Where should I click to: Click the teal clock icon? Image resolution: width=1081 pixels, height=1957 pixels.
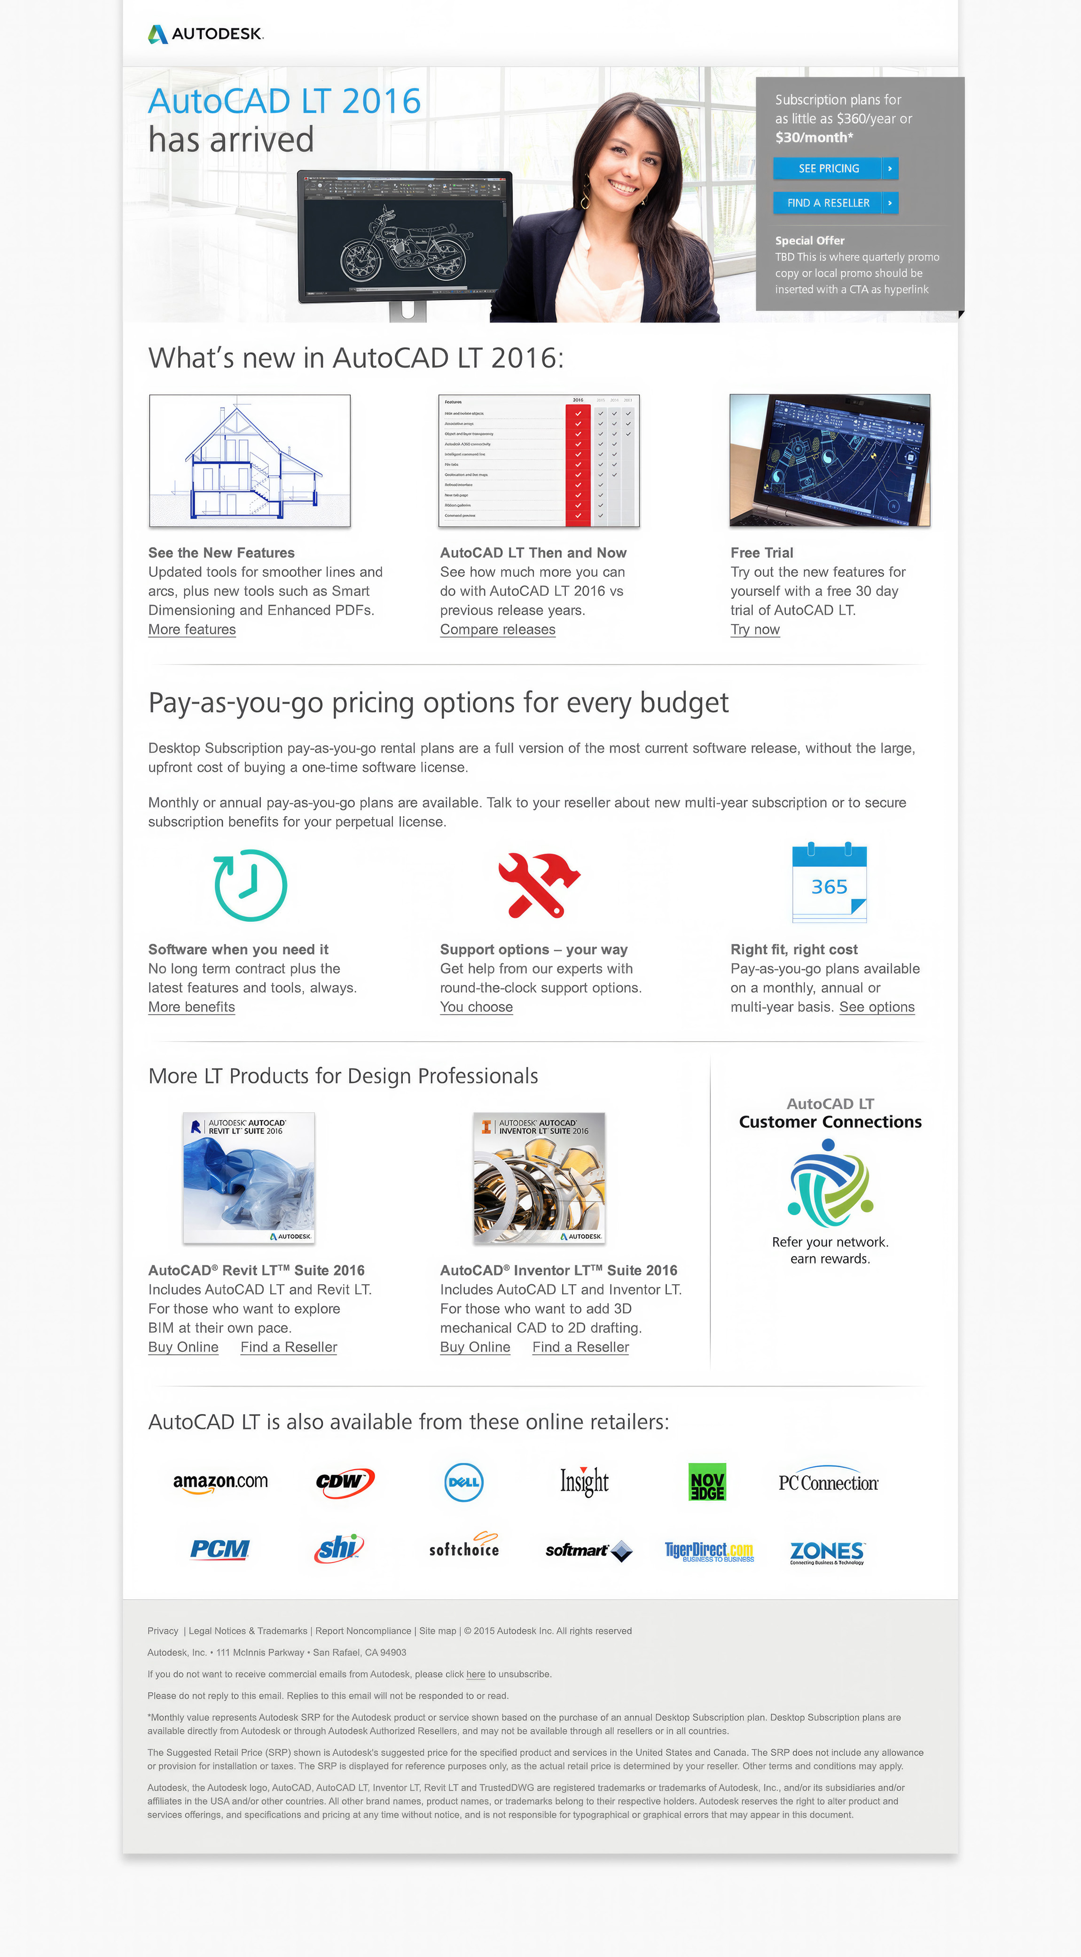(x=251, y=885)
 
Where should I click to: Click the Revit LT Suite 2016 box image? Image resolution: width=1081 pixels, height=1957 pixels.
(x=249, y=1178)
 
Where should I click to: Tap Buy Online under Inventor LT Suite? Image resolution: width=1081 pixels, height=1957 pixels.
(x=475, y=1347)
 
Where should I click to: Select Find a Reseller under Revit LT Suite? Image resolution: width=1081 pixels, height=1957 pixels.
(x=289, y=1347)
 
